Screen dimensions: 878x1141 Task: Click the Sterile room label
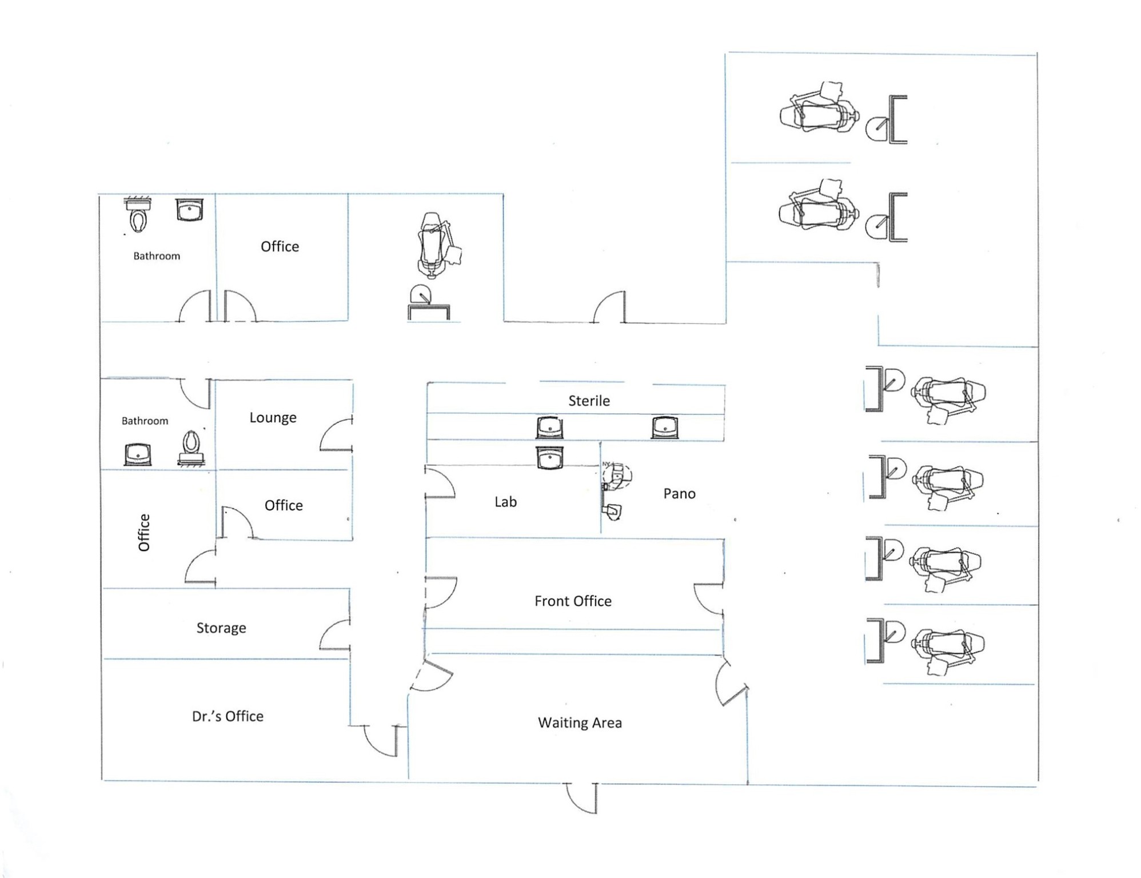pos(589,401)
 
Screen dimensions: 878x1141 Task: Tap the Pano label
pos(679,493)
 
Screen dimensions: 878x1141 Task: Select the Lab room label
pos(505,501)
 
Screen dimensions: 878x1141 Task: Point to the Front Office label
pos(573,601)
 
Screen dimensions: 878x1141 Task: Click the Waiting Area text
pos(580,723)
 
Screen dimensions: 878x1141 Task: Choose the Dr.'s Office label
pos(228,716)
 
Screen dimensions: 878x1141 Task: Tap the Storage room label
pos(221,628)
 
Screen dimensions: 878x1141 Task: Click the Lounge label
pos(273,417)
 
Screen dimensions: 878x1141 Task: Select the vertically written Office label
pos(144,532)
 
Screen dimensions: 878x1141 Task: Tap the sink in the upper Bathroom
pos(189,210)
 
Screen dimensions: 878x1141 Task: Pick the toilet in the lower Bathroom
pos(192,446)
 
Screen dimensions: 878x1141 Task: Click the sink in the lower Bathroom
pos(138,454)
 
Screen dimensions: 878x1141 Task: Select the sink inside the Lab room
pos(549,458)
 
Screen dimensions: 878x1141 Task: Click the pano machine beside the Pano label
pos(616,476)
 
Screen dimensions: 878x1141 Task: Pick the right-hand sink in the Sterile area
pos(664,427)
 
